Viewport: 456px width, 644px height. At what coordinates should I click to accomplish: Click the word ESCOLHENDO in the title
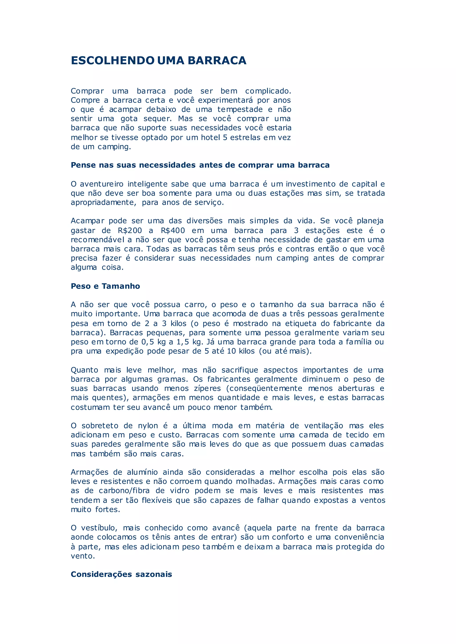click(113, 60)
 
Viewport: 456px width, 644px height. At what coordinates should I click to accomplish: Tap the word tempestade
click(240, 109)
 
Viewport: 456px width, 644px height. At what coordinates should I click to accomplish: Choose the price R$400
click(173, 231)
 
